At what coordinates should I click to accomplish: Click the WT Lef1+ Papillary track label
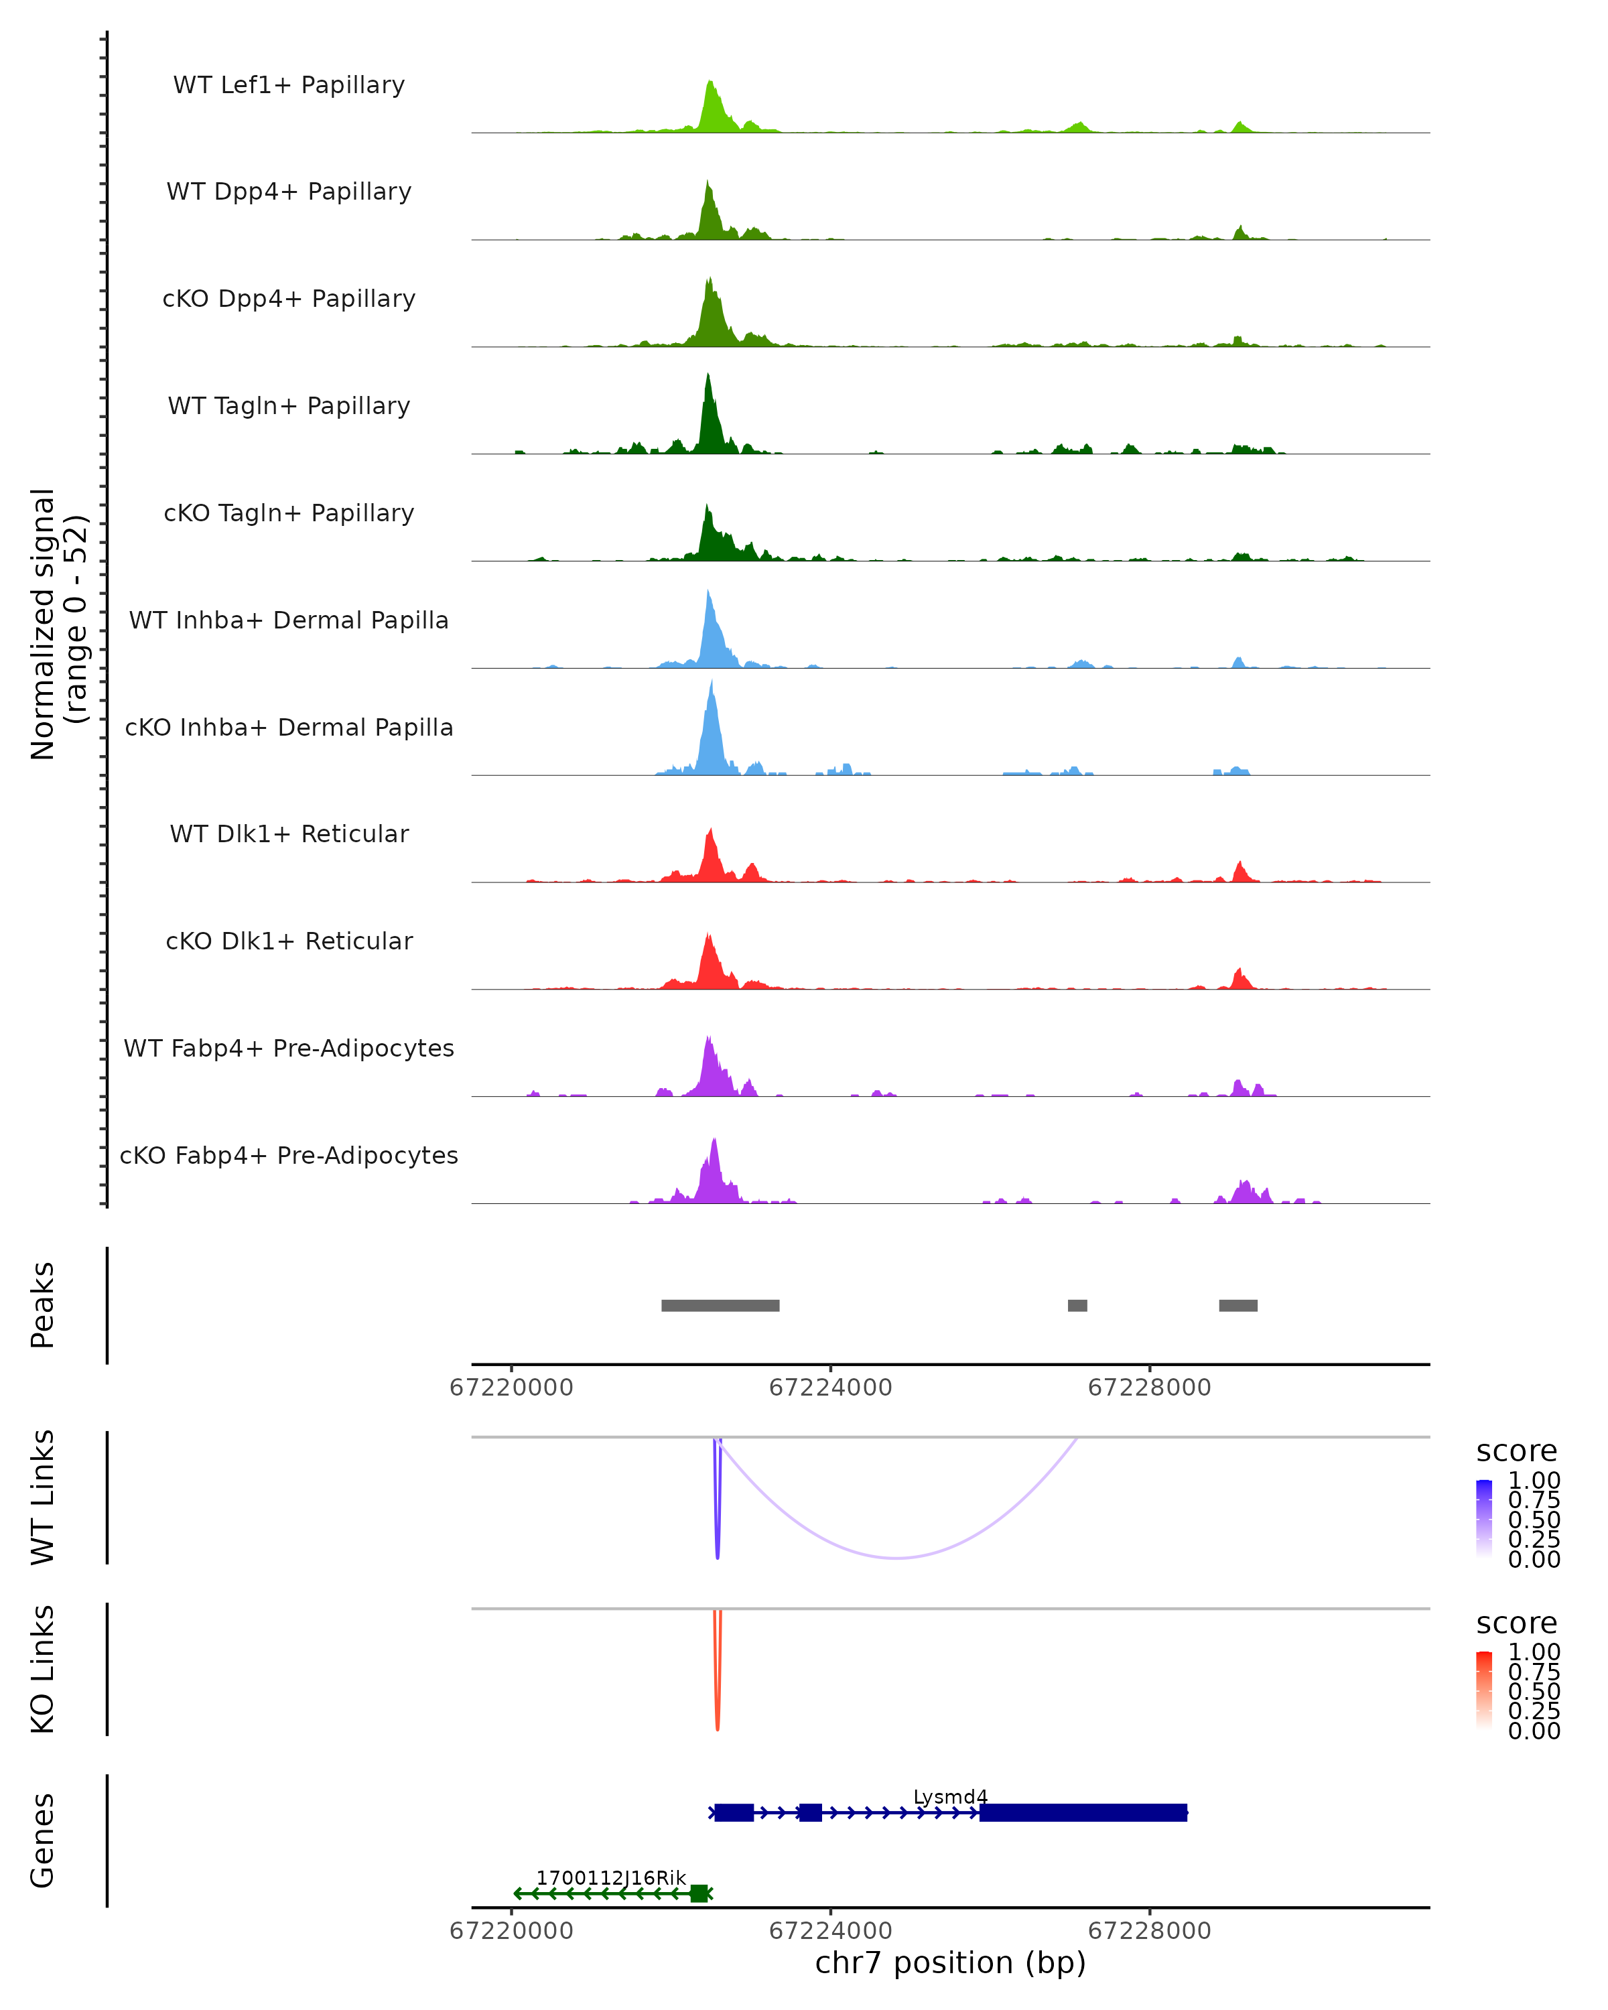(289, 85)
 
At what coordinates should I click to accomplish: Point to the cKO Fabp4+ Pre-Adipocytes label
(289, 1155)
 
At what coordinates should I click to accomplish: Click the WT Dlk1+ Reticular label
(289, 833)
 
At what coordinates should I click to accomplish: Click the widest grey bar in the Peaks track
(720, 1305)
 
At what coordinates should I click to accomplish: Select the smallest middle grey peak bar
(1077, 1305)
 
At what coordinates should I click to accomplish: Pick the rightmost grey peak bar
(1238, 1305)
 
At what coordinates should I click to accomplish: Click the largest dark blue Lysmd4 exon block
(1083, 1812)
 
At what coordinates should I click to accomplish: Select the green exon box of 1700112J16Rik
(698, 1893)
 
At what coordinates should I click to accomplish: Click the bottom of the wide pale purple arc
(896, 1557)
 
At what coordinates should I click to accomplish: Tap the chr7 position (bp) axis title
(950, 1962)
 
